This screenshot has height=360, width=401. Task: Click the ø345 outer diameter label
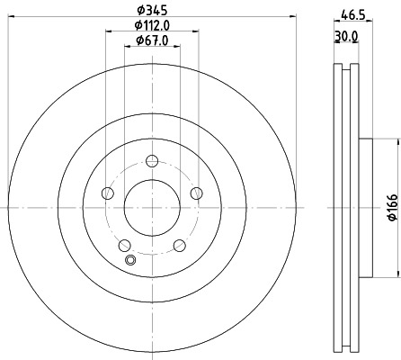click(151, 9)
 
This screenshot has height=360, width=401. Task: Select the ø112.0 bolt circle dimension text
click(150, 25)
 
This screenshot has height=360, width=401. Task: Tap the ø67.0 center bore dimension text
click(150, 40)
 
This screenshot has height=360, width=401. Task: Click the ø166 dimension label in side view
click(392, 208)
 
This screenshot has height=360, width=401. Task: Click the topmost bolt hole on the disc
click(151, 162)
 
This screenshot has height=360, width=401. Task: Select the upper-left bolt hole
click(108, 193)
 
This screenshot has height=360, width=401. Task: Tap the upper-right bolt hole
click(194, 193)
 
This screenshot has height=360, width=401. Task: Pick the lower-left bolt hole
click(124, 244)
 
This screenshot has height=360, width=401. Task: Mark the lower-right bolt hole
click(178, 244)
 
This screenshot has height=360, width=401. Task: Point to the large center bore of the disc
click(151, 208)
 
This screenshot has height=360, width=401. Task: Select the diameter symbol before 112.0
click(136, 25)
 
